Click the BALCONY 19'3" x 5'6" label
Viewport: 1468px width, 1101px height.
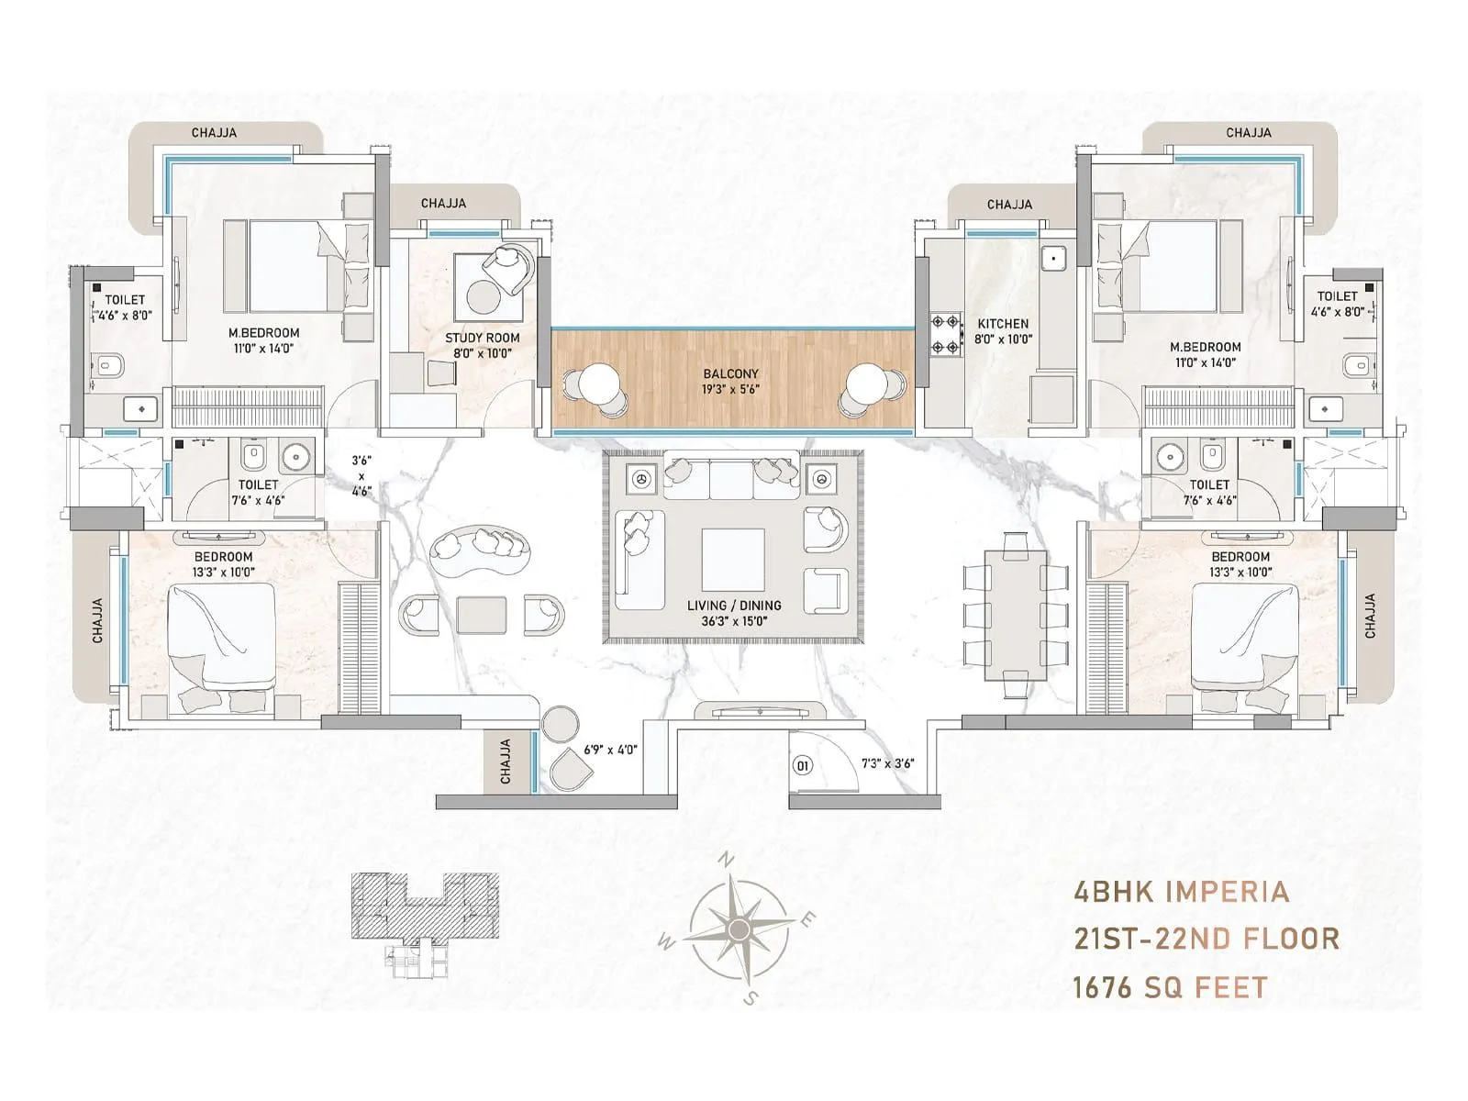[x=730, y=381]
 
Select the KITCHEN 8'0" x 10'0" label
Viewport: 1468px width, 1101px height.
[x=1003, y=330]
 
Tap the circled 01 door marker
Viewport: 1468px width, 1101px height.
[x=802, y=765]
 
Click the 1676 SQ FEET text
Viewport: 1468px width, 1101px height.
[x=1170, y=987]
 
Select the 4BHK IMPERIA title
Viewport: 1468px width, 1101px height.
[x=1181, y=892]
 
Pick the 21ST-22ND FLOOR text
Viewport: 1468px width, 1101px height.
[x=1206, y=940]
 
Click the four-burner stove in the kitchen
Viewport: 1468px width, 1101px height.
[x=945, y=335]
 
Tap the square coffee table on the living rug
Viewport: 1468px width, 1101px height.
[x=732, y=560]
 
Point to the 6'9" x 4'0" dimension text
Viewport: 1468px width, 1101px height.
[x=610, y=750]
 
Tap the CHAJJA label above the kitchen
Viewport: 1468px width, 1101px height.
[x=1009, y=205]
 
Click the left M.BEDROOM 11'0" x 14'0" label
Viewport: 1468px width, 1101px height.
[x=263, y=340]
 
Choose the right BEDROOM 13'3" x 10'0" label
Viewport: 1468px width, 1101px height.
[x=1240, y=564]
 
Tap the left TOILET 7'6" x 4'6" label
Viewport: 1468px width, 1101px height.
[x=258, y=492]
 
